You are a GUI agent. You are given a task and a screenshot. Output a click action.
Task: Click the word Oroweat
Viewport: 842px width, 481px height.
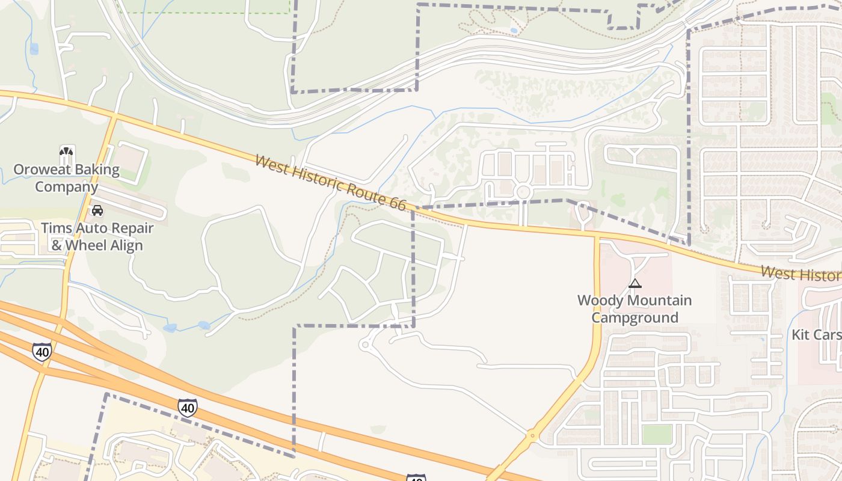40,170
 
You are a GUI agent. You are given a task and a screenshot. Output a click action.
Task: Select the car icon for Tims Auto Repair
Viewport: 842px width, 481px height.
97,210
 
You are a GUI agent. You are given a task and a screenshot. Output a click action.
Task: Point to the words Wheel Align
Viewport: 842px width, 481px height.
105,245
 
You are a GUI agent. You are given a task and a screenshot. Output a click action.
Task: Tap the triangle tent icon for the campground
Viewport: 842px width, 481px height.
635,283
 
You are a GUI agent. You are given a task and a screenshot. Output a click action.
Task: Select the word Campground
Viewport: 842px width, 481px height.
635,317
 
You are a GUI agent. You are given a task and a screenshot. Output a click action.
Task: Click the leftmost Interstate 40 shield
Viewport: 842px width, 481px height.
41,352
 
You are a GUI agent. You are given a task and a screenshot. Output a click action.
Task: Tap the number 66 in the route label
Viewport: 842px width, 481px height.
397,203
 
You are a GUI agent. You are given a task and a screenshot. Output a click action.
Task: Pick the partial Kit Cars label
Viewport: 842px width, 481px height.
816,335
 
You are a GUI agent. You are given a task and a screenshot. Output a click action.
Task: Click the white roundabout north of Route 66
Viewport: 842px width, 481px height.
523,192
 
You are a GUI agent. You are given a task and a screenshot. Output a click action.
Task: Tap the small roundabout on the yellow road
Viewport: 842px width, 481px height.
532,435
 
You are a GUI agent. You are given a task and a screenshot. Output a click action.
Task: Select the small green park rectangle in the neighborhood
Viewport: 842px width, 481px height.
657,434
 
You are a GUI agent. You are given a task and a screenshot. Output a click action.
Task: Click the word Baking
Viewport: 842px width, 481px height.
95,170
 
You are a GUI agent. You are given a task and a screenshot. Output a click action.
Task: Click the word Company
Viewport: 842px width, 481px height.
66,187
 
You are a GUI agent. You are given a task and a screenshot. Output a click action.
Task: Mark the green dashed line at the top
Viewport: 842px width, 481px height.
204,12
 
